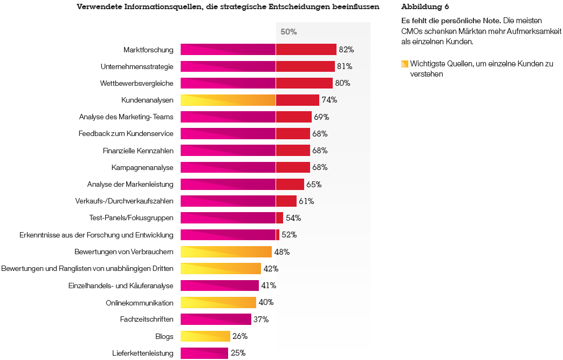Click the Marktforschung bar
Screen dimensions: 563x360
[x=258, y=50]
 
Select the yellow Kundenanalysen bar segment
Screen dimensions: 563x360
[x=228, y=100]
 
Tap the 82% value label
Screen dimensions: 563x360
[x=346, y=50]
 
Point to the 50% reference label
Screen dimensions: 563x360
[x=289, y=32]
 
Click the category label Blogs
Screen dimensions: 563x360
[x=164, y=336]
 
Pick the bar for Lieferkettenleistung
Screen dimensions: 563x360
[x=204, y=353]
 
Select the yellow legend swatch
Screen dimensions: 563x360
[x=404, y=64]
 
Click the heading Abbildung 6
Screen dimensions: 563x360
[x=425, y=7]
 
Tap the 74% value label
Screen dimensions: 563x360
[x=329, y=100]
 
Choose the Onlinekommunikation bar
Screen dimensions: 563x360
[x=218, y=302]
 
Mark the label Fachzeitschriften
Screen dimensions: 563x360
[x=147, y=320]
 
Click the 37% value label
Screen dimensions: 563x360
[x=261, y=320]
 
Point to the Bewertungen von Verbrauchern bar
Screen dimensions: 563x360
[x=226, y=252]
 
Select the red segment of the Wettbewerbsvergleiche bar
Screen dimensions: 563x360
[x=304, y=83]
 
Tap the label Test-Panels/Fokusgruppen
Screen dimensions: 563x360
[x=132, y=218]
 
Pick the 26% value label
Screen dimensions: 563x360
[x=240, y=336]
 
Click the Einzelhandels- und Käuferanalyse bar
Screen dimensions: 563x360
[x=219, y=286]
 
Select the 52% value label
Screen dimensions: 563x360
[x=289, y=235]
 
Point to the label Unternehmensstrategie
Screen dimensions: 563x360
[x=137, y=67]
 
